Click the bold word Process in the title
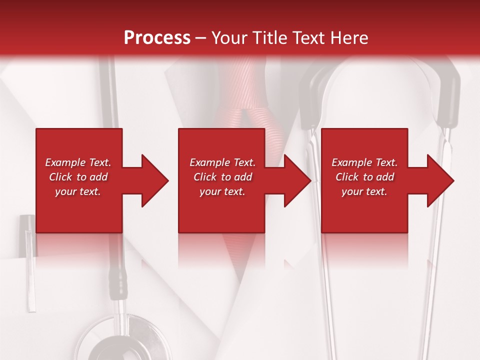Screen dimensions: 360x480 click(157, 38)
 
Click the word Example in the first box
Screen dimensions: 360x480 click(65, 162)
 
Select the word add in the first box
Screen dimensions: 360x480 click(98, 177)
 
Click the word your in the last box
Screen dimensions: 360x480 click(352, 191)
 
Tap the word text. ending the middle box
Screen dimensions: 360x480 click(234, 191)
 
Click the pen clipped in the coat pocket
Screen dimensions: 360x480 click(29, 260)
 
